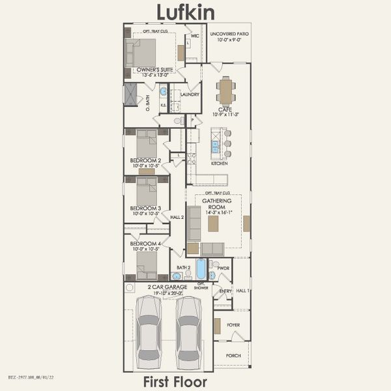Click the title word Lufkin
(186, 11)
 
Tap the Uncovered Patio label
(229, 34)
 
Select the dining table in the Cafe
(226, 91)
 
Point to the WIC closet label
(195, 36)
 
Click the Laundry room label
(190, 94)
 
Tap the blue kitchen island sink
(215, 147)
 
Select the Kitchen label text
(219, 164)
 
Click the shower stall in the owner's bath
(132, 95)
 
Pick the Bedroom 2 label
(145, 160)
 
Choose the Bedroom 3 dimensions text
(145, 213)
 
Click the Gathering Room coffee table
(213, 224)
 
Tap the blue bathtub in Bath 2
(201, 268)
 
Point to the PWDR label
(223, 268)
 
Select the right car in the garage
(189, 329)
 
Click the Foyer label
(233, 324)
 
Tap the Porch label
(233, 356)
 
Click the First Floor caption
(175, 382)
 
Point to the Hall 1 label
(242, 291)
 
